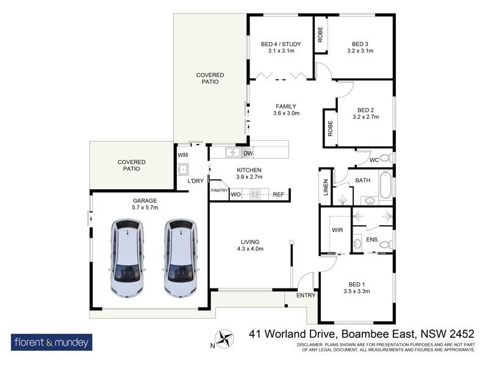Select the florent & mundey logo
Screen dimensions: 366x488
[52, 342]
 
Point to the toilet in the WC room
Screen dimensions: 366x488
[384, 159]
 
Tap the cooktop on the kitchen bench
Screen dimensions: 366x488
[256, 195]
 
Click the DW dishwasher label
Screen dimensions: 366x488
[248, 152]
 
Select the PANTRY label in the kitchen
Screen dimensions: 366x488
[219, 190]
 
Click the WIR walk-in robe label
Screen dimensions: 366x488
[338, 230]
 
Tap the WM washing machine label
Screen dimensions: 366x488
[182, 155]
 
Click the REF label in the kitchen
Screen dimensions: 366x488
[278, 195]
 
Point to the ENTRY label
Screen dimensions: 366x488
[306, 296]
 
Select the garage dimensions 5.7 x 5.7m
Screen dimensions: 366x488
[145, 207]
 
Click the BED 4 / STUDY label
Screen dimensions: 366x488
[281, 44]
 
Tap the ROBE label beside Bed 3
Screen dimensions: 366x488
[321, 36]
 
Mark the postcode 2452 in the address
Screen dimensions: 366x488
[461, 334]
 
